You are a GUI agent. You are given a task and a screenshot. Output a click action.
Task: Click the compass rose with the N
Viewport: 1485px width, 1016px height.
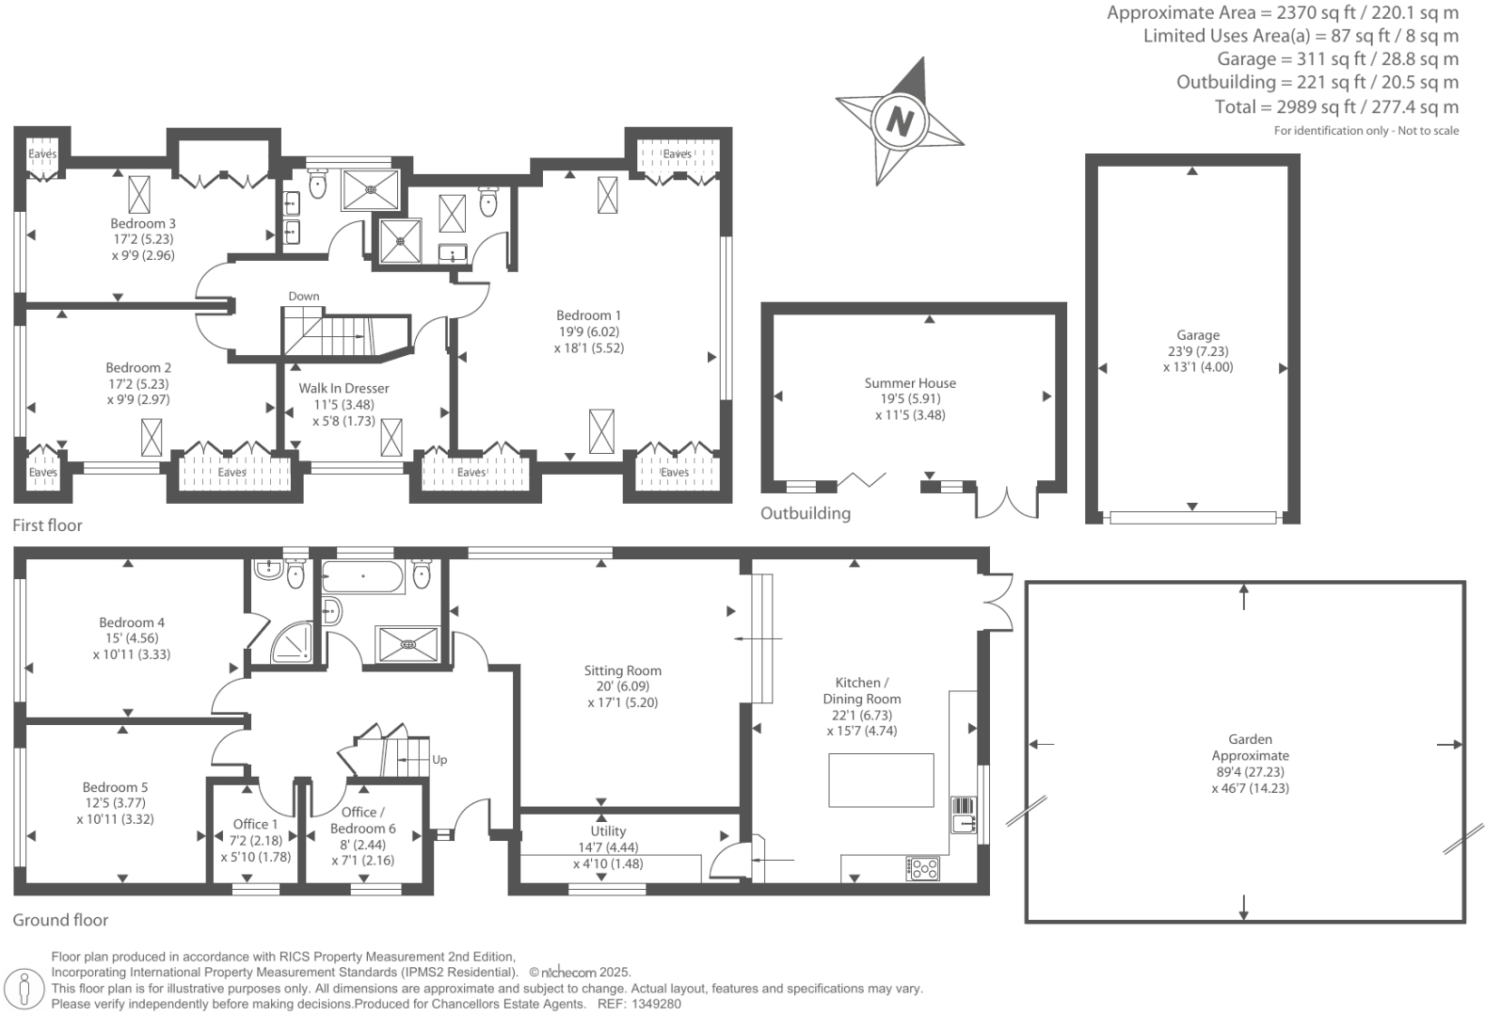point(900,121)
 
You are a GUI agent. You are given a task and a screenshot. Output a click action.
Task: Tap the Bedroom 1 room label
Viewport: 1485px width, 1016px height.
point(588,315)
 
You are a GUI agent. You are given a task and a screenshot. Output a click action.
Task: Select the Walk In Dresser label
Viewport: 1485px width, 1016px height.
point(343,388)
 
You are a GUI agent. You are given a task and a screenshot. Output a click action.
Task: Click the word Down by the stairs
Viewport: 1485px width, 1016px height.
point(303,296)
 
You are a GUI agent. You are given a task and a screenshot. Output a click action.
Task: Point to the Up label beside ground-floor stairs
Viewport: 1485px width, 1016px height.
point(439,759)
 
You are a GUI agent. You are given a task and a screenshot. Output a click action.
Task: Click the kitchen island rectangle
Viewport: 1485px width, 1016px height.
point(881,780)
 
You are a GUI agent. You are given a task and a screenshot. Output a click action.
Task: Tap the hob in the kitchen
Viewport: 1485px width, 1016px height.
point(922,867)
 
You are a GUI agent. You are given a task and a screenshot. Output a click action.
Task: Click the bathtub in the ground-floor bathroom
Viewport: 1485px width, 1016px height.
point(363,577)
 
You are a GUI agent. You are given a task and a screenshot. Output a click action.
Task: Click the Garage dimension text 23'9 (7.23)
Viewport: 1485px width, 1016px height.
point(1197,351)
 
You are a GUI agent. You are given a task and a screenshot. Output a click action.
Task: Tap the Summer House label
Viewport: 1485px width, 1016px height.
point(910,382)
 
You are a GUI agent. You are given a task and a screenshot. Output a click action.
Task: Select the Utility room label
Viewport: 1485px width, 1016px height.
point(608,831)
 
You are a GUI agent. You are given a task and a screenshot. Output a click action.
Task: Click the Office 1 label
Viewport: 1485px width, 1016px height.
point(255,824)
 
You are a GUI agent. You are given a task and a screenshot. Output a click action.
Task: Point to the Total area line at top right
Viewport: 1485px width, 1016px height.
point(1336,106)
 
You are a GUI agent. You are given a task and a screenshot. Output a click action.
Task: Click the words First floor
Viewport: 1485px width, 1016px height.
point(47,525)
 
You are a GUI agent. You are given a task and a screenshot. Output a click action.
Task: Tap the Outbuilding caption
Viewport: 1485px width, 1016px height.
point(805,513)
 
